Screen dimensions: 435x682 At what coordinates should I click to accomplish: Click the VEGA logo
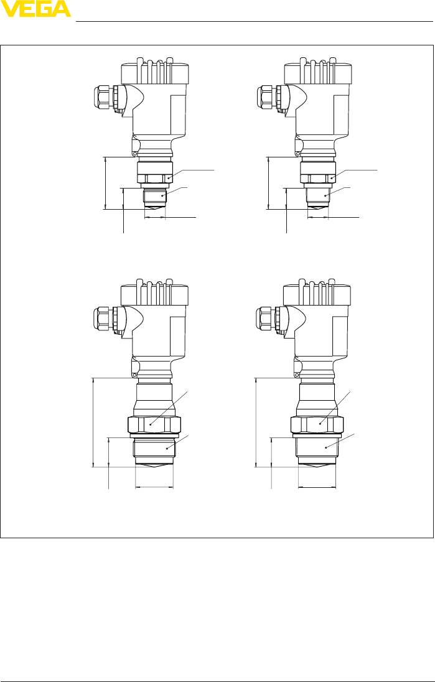[x=35, y=9]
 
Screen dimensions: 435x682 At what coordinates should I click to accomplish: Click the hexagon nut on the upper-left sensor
[x=155, y=179]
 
